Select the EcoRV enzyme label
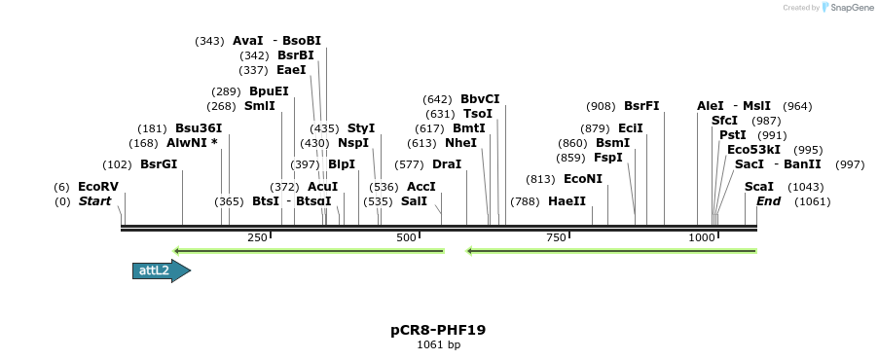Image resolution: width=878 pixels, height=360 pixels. tap(97, 187)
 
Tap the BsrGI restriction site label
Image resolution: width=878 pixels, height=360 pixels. tap(159, 164)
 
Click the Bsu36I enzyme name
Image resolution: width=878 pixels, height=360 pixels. tap(199, 128)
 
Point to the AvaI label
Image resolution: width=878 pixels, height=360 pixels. tap(248, 41)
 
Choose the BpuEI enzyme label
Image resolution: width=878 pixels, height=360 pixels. tap(269, 91)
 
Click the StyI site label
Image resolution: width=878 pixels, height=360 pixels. tap(361, 128)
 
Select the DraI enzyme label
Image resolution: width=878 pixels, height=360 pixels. tap(447, 164)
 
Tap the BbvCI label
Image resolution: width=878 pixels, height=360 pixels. tap(480, 99)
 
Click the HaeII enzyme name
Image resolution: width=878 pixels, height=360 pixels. tap(567, 201)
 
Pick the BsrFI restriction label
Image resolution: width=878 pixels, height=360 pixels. tap(641, 106)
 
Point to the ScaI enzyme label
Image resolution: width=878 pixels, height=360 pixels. tap(759, 187)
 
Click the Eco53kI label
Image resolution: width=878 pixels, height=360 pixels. tap(753, 150)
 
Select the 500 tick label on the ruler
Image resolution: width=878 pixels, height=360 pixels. tap(407, 237)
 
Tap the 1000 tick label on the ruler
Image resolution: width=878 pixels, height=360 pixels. tap(702, 237)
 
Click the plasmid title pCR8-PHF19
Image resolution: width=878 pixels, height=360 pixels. tap(438, 330)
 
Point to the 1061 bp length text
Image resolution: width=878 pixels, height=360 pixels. tap(438, 344)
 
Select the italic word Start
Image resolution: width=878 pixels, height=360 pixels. tap(94, 201)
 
